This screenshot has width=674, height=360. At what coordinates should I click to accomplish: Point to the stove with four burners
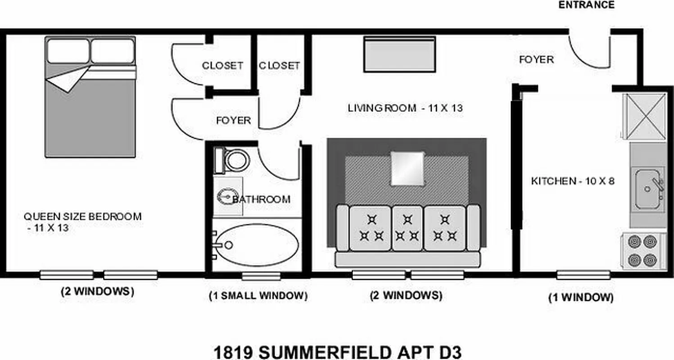pyautogui.click(x=644, y=251)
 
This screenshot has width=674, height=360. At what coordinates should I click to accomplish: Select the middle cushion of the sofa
pyautogui.click(x=407, y=228)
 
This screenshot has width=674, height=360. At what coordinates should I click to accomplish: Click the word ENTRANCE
pyautogui.click(x=586, y=5)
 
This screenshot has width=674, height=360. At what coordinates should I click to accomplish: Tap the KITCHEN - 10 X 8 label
pyautogui.click(x=573, y=181)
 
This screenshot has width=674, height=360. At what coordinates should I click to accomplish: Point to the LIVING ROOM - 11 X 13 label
pyautogui.click(x=405, y=108)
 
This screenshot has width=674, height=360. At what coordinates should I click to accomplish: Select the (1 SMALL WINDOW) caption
pyautogui.click(x=258, y=296)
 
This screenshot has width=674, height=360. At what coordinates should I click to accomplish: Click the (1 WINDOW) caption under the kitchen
pyautogui.click(x=581, y=297)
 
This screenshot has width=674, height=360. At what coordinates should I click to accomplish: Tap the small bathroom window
pyautogui.click(x=261, y=275)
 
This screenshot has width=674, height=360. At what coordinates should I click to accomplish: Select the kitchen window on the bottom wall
pyautogui.click(x=583, y=274)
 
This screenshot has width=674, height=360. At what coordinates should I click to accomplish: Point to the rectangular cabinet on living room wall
pyautogui.click(x=399, y=54)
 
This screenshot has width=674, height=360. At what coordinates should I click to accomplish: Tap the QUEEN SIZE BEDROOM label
pyautogui.click(x=82, y=216)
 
